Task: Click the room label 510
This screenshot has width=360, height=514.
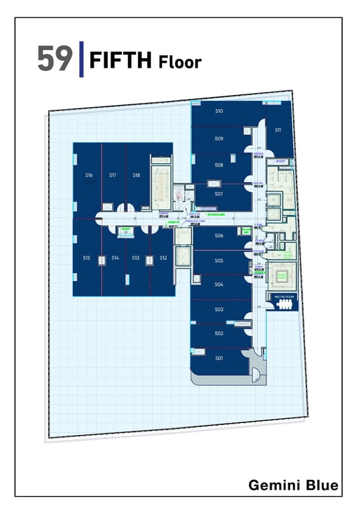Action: [x=219, y=110]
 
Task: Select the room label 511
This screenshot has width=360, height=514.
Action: [x=278, y=130]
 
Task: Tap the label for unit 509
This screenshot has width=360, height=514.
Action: [x=219, y=139]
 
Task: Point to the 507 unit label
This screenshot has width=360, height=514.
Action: [x=219, y=193]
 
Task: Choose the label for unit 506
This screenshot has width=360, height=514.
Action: [x=219, y=236]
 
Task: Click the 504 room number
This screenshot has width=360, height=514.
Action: [x=219, y=284]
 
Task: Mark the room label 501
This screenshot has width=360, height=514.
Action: [x=219, y=358]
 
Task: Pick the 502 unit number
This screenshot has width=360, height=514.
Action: [x=219, y=333]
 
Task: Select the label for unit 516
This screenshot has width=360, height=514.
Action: [x=88, y=175]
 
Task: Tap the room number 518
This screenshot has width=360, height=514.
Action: [x=137, y=175]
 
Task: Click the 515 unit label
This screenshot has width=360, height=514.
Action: [x=86, y=258]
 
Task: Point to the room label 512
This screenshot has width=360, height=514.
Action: [x=163, y=258]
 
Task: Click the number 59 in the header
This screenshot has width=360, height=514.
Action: [x=54, y=60]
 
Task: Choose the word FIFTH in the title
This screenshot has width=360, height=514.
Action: [x=121, y=61]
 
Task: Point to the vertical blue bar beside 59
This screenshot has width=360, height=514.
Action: [x=82, y=59]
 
